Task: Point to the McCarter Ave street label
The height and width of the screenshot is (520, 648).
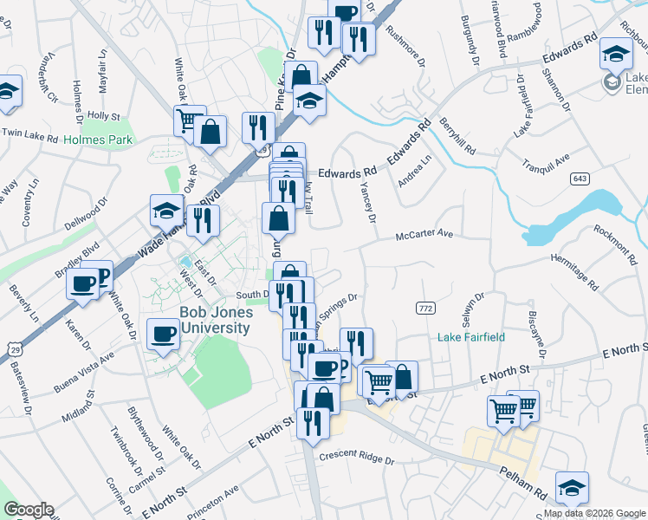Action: (424, 235)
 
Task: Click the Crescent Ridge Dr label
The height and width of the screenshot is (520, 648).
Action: (356, 457)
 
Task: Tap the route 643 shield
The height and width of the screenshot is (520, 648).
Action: (580, 178)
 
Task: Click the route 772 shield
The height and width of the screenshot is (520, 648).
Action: (424, 309)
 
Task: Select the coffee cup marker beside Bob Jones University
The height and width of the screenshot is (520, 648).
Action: (162, 334)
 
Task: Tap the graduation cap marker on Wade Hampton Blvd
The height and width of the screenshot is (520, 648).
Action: (166, 211)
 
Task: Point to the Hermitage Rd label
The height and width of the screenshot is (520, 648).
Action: (574, 270)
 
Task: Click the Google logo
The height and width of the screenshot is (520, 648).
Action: (29, 510)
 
